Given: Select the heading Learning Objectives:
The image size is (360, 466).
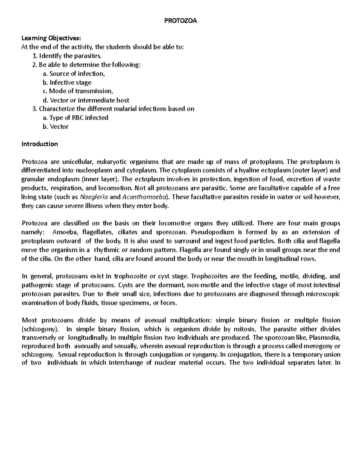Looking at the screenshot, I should [51, 38].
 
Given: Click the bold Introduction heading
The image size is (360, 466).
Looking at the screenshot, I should [40, 144].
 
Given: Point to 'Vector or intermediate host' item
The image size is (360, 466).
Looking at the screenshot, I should [86, 100].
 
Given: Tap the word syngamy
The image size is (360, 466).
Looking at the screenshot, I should [206, 355].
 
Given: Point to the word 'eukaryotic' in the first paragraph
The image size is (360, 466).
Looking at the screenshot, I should [113, 162].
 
